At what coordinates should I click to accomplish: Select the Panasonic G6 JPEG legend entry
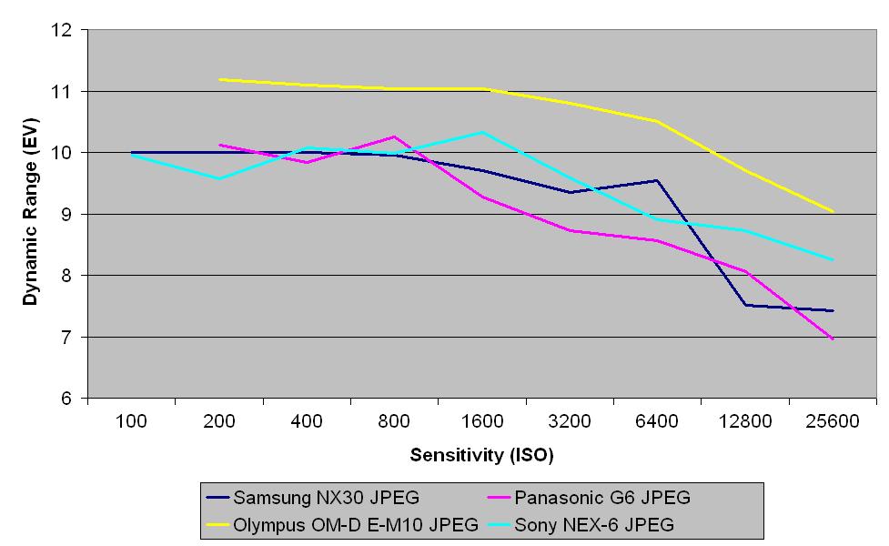tap(601, 498)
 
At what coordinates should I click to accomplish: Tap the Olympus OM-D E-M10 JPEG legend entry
tap(356, 524)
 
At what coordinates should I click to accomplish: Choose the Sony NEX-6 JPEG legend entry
tap(593, 524)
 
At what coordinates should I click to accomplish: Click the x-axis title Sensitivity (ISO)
tap(481, 454)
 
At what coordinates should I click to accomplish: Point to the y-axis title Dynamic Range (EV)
tap(30, 215)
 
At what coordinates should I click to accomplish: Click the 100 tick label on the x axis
tap(132, 421)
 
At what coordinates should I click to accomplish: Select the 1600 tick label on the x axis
tap(482, 421)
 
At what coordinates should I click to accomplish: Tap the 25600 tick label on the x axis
tap(833, 421)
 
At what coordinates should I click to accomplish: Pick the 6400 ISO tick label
tap(657, 421)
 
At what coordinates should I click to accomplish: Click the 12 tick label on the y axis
tap(62, 30)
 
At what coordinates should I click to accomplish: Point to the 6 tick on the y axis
tap(66, 399)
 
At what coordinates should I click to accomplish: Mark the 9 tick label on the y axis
tap(66, 215)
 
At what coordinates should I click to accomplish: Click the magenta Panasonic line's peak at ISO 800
tap(394, 136)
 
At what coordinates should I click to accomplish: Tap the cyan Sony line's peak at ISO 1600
tap(482, 132)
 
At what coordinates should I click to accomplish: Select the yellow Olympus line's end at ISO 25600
tap(833, 211)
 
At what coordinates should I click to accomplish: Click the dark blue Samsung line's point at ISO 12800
tap(745, 305)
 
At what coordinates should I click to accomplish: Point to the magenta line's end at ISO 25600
tap(833, 339)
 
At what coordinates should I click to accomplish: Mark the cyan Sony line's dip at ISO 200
tap(219, 178)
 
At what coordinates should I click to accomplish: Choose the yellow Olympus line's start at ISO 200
tap(219, 79)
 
